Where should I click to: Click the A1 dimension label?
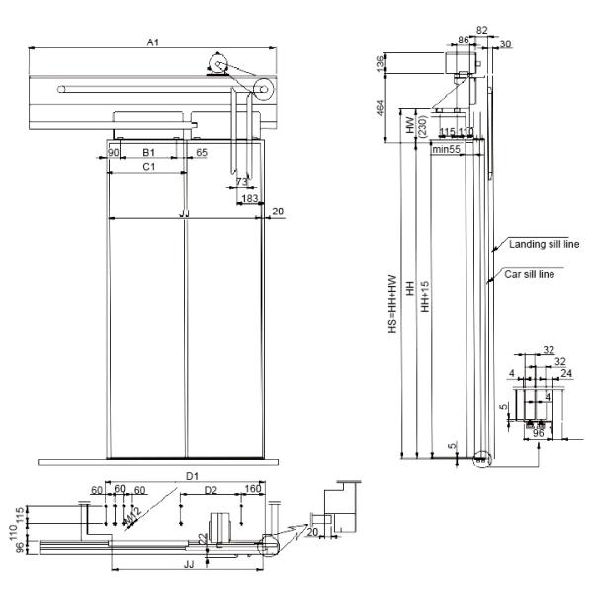(x=153, y=42)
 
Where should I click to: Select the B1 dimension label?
(x=147, y=153)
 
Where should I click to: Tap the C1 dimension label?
(x=147, y=168)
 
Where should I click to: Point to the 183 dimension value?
(x=250, y=199)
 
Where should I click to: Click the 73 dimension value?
(x=242, y=183)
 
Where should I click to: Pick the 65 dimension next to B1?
(x=201, y=153)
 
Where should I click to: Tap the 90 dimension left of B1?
(x=114, y=153)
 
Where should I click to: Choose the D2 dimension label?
(x=211, y=490)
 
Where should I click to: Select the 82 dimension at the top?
(x=482, y=31)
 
